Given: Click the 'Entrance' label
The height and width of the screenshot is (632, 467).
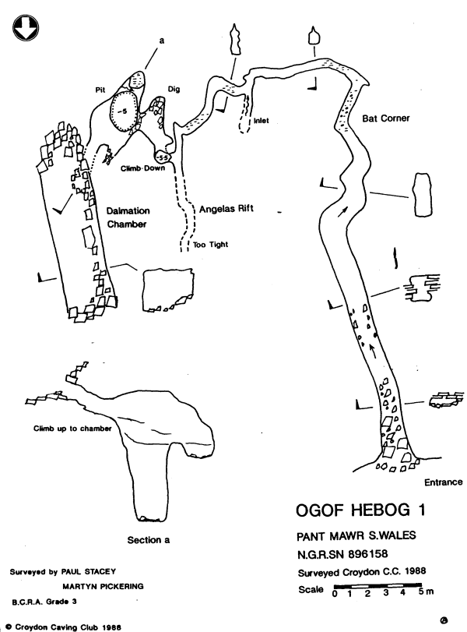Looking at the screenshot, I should (x=444, y=482).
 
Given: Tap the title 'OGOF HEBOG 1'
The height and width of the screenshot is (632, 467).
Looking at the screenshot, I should (x=361, y=510).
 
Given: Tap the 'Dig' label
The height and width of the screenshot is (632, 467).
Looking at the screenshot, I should (x=174, y=90).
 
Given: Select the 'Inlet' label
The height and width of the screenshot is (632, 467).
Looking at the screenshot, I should (x=261, y=121).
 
